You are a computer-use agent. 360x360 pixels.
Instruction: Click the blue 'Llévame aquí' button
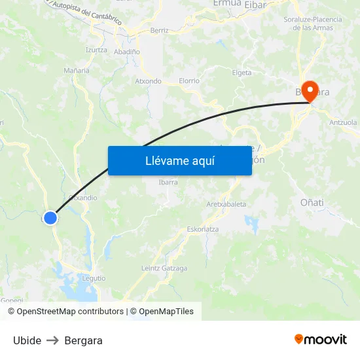click(x=179, y=160)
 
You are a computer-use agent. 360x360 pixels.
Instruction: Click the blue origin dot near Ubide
click(x=50, y=218)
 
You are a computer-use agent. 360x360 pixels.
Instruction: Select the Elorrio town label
click(x=189, y=81)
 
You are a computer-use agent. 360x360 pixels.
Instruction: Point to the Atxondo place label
click(x=148, y=81)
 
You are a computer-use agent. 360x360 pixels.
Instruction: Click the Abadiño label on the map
click(x=126, y=51)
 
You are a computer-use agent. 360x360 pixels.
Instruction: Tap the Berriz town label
click(x=159, y=31)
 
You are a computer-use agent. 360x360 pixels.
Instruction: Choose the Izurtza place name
click(x=96, y=50)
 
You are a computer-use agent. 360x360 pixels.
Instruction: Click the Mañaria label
click(x=77, y=70)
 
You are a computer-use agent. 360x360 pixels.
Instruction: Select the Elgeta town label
click(x=242, y=73)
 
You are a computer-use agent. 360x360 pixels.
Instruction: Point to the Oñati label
click(x=312, y=202)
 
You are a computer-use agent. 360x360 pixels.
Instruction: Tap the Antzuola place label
click(x=343, y=122)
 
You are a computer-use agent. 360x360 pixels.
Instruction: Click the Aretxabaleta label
click(x=226, y=204)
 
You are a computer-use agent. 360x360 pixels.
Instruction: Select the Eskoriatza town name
click(x=203, y=229)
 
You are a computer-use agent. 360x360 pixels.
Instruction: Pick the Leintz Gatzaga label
click(x=164, y=268)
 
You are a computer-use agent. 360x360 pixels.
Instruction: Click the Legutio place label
click(x=94, y=278)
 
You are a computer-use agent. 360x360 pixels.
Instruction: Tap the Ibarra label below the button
click(x=168, y=183)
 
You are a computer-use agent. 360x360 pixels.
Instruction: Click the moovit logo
click(x=321, y=339)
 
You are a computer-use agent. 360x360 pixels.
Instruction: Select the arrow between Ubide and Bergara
click(x=53, y=340)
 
